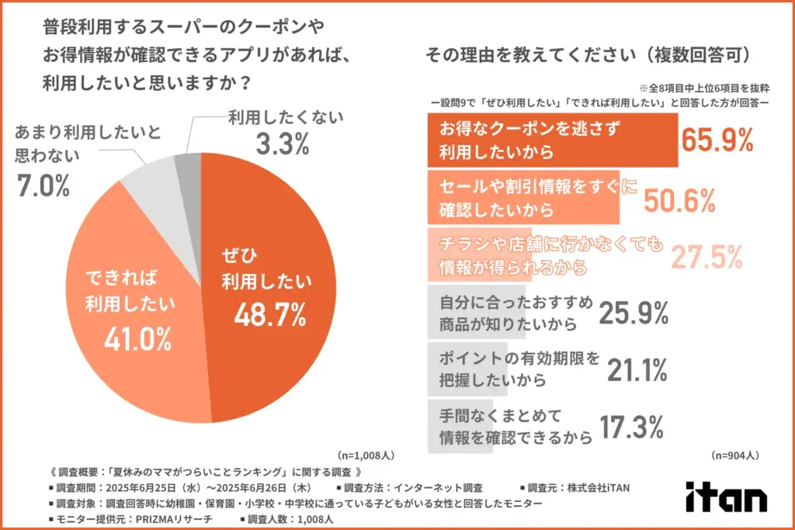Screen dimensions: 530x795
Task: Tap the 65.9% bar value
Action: coord(717,140)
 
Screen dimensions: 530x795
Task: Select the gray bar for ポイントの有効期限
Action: coord(467,369)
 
